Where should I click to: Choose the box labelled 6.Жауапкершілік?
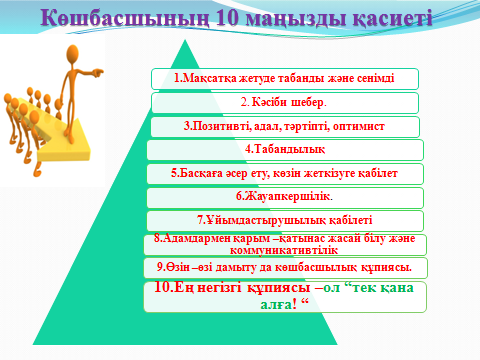tap(285, 197)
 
